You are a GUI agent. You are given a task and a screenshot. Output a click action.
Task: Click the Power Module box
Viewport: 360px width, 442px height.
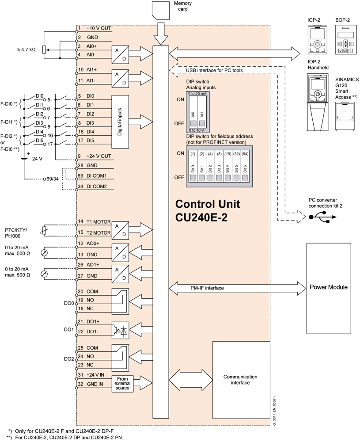coord(328,287)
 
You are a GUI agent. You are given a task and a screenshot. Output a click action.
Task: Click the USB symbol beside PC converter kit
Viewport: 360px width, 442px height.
coord(319,217)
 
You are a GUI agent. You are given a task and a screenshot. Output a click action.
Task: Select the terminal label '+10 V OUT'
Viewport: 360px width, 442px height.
coord(99,28)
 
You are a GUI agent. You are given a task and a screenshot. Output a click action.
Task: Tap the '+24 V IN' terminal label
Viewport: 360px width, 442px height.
coord(96,375)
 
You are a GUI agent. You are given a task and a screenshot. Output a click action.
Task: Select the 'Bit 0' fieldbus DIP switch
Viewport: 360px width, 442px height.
coord(193,170)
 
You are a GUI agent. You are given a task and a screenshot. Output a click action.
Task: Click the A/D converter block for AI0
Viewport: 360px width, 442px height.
coord(120,55)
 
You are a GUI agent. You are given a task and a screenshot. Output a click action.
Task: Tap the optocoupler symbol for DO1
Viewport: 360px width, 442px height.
coord(120,330)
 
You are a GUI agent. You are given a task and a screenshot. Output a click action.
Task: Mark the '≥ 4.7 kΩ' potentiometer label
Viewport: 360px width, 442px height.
coord(27,50)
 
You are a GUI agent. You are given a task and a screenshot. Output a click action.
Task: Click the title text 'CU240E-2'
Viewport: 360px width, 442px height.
coord(201,218)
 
